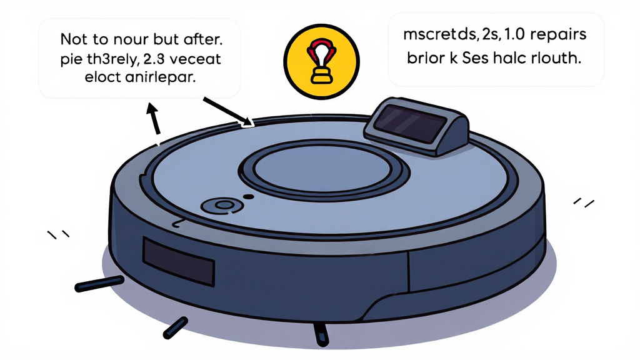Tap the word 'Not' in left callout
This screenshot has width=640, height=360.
coord(74,39)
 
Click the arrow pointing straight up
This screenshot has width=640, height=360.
coord(152,119)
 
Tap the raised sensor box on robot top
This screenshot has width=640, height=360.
coord(417,128)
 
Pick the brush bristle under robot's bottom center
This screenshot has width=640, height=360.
coord(320,334)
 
